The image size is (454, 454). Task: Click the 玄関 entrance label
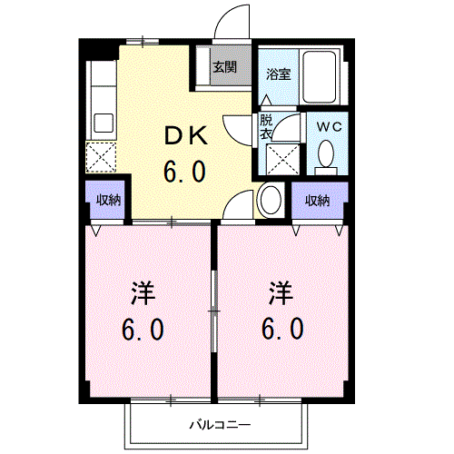pos(225,66)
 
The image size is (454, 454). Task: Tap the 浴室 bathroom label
pos(278,74)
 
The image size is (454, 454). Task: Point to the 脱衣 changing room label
pos(266,127)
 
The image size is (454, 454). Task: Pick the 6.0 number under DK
pos(185,171)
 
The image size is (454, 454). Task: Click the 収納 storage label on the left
pos(109,201)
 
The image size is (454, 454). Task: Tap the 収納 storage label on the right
pos(317,201)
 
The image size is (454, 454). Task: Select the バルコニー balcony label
pos(214,424)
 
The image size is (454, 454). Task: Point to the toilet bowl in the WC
pos(326,157)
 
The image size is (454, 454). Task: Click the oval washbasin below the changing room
pos(270,200)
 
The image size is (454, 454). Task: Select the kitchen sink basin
pos(102,122)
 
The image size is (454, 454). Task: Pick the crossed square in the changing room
pos(283,160)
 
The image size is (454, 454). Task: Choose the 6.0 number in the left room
pos(143,329)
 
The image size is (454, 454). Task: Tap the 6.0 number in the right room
pos(282,329)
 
